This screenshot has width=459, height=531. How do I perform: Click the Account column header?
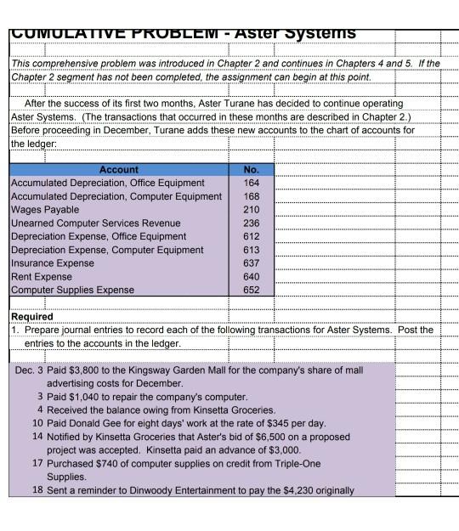tap(118, 169)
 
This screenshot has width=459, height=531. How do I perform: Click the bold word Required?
tap(31, 316)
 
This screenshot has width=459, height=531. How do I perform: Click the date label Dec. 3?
tap(31, 370)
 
